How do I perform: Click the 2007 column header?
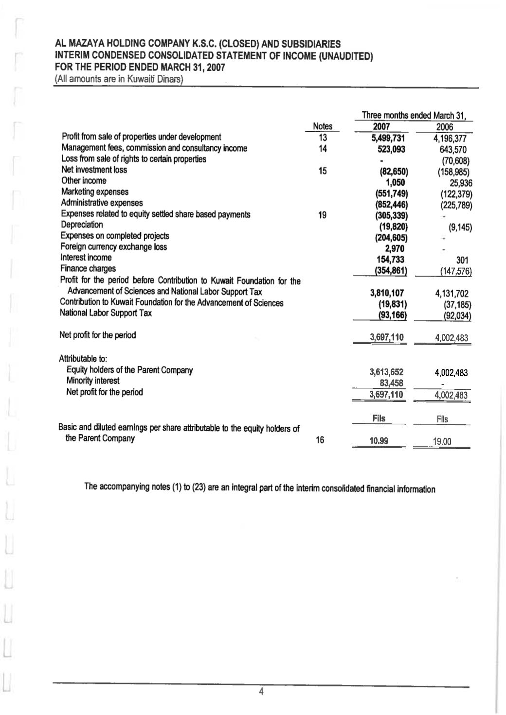coord(382,126)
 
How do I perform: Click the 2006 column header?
coord(445,127)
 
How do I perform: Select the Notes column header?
coord(322,126)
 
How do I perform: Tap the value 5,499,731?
coord(388,138)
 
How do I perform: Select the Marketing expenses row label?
coord(95,192)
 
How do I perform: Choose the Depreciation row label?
coord(82,225)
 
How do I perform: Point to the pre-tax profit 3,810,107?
coord(387,293)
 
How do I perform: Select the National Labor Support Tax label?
coord(105,313)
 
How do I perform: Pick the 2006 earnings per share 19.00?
coord(442,441)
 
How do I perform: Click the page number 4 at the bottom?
coord(261,692)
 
